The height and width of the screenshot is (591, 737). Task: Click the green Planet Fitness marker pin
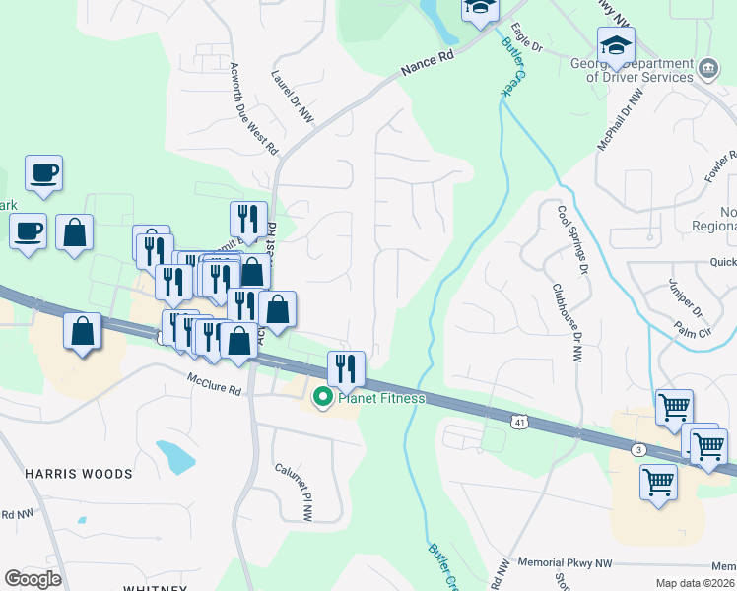[322, 398]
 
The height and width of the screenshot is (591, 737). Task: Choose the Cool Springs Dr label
[572, 239]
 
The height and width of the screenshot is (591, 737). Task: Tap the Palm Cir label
[696, 334]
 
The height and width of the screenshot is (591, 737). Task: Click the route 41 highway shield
[518, 421]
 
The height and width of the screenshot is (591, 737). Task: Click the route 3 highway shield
[639, 449]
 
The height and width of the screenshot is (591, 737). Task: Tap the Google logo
[33, 579]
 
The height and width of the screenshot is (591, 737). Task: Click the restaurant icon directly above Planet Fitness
[346, 368]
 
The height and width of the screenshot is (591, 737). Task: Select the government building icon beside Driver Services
[708, 69]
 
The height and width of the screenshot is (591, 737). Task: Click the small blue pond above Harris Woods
[175, 456]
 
